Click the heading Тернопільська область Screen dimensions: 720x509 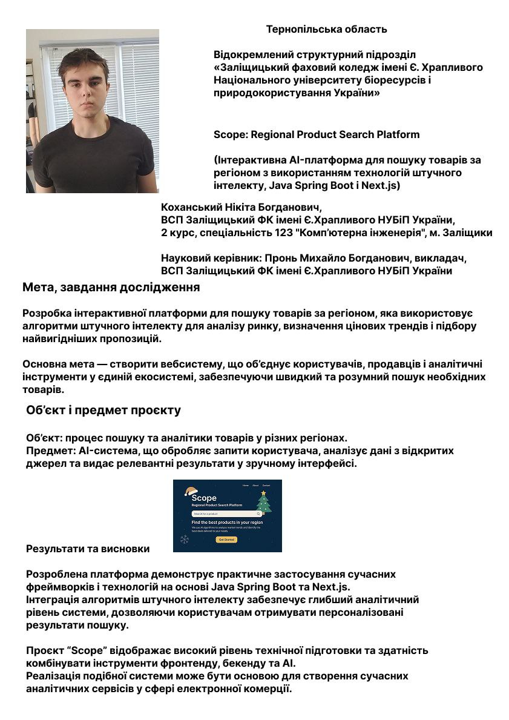point(326,29)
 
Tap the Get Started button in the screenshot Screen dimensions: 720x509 point(227,540)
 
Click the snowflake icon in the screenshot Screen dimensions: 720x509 point(185,540)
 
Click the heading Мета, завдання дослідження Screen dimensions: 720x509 point(111,288)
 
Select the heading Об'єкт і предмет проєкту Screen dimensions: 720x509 point(103,411)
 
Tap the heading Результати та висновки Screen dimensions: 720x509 point(88,549)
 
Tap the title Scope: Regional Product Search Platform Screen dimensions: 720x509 point(317,134)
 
